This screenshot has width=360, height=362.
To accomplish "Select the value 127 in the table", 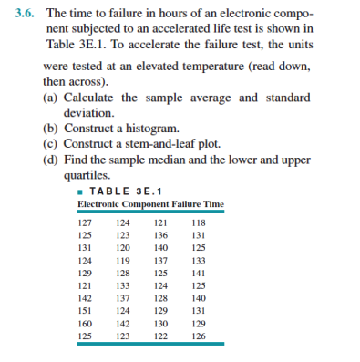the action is point(85,221).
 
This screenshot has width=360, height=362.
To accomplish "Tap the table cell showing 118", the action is point(199,221).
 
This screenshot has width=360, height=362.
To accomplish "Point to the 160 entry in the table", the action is point(85,324).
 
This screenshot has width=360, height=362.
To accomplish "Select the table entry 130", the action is point(160,324).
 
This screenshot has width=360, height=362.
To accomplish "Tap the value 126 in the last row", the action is point(199,336).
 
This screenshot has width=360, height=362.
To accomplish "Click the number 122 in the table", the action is point(160,336).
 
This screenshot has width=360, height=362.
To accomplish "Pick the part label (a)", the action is point(51,98).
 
